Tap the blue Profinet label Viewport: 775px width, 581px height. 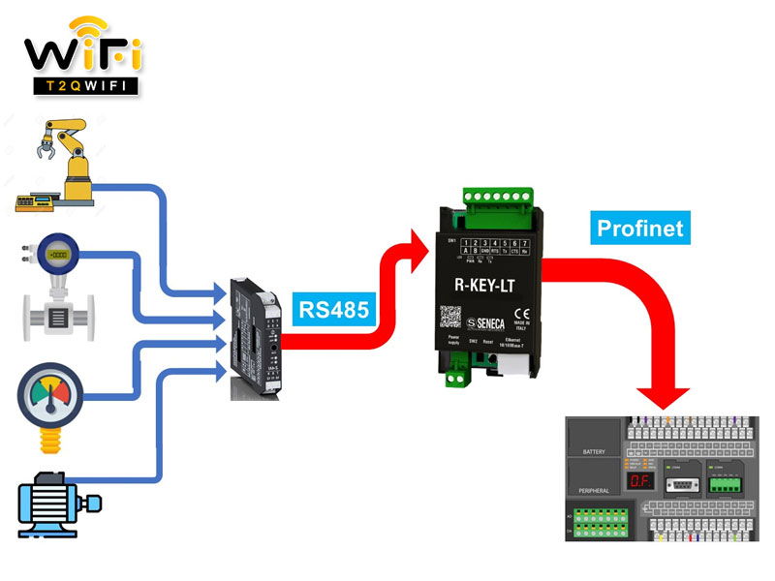pos(639,229)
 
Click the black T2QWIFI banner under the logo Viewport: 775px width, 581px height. pos(81,84)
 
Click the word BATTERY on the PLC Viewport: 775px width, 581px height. pos(594,452)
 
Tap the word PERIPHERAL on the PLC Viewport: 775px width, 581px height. pos(593,491)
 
